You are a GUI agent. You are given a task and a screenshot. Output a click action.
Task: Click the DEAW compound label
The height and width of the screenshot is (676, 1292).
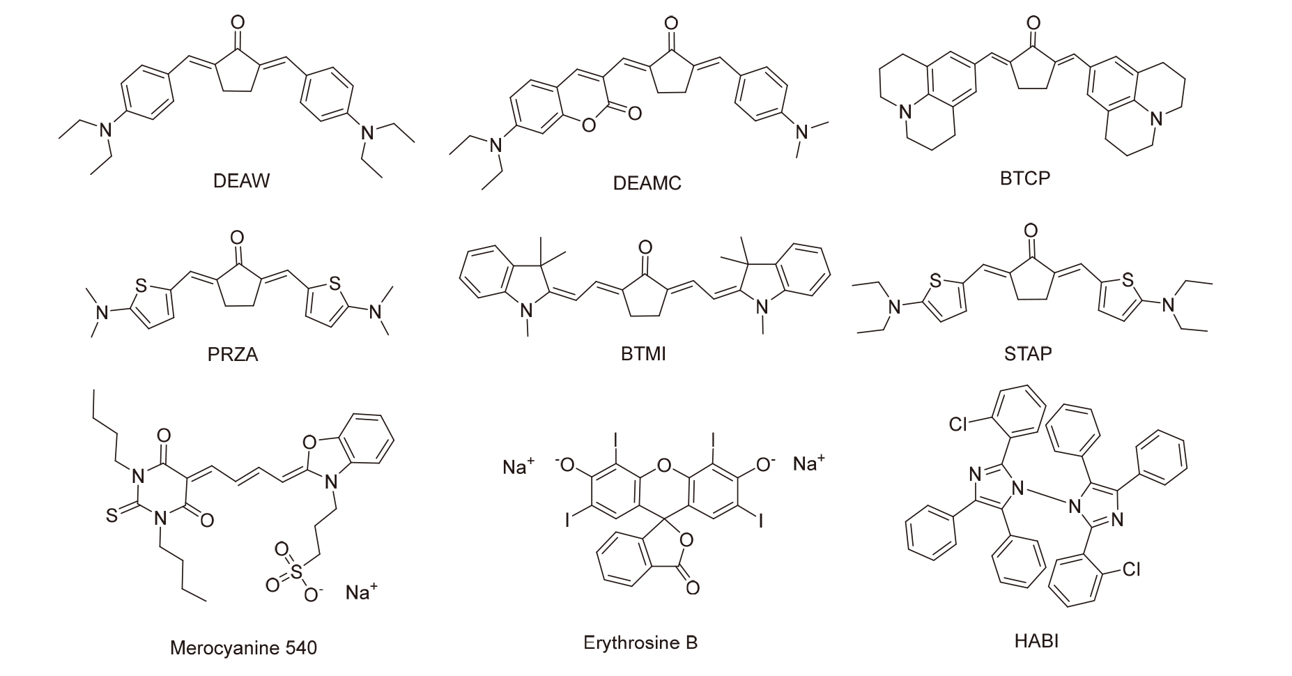[x=240, y=181]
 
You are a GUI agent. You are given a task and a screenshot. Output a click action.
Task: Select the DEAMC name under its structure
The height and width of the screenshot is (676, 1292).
[x=647, y=183]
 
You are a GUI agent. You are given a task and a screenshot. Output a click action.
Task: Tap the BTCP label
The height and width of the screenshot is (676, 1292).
[x=1024, y=178]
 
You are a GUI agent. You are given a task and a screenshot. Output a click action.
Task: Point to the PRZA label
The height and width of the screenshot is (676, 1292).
[x=233, y=354]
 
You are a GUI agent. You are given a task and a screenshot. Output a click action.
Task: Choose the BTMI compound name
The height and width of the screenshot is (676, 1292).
[x=643, y=354]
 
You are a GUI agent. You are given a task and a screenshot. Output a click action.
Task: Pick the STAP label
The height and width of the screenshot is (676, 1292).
[x=1028, y=354]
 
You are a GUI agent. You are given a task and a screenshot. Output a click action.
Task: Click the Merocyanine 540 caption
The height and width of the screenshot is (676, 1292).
[x=243, y=648]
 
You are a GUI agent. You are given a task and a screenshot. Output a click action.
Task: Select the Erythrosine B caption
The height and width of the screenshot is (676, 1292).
[x=640, y=642]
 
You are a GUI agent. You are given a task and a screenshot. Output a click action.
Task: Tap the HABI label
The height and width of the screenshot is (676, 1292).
[x=1036, y=640]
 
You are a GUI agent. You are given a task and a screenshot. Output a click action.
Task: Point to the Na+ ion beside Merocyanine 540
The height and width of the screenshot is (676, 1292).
[x=361, y=593]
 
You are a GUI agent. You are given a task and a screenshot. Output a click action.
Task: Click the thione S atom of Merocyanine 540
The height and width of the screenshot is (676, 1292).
[x=111, y=516]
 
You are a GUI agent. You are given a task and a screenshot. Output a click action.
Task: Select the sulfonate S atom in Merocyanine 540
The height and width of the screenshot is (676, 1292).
[x=298, y=571]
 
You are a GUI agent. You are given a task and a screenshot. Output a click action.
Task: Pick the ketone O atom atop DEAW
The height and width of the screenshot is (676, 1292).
[x=238, y=22]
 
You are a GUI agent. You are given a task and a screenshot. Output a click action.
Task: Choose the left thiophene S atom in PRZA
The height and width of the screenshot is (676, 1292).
[x=141, y=285]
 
